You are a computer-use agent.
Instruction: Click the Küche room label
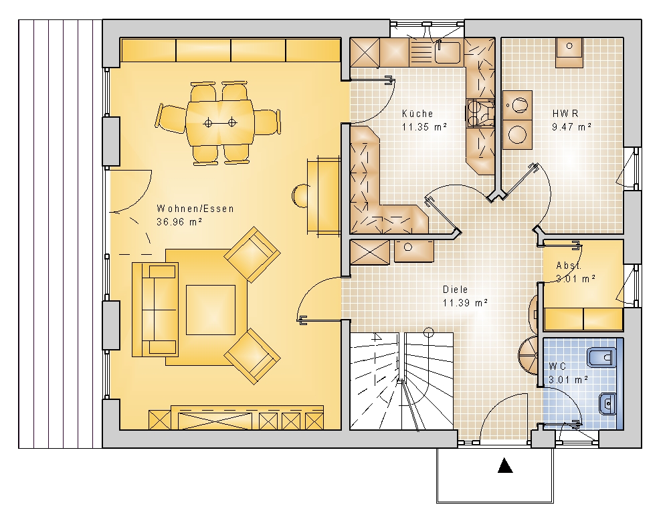click(417, 114)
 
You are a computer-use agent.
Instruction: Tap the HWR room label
click(565, 114)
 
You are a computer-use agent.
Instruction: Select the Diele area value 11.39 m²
click(465, 303)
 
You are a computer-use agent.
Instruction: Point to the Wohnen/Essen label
click(195, 209)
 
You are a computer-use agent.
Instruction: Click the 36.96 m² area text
click(179, 222)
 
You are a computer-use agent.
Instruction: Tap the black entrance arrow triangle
click(505, 466)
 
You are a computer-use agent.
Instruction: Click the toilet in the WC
click(601, 357)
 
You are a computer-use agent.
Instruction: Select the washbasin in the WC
click(607, 403)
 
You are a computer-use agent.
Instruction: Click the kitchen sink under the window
click(448, 52)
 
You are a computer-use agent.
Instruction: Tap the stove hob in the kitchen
click(480, 114)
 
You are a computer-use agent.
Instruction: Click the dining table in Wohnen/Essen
click(219, 123)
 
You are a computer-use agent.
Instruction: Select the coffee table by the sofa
click(211, 310)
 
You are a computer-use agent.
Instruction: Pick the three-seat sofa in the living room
click(155, 309)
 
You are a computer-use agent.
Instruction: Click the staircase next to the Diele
click(401, 381)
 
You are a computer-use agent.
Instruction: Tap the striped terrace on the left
click(60, 234)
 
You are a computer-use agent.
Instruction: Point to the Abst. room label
click(569, 266)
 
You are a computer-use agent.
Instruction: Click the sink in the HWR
click(569, 52)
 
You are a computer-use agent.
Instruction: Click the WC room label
click(557, 366)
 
